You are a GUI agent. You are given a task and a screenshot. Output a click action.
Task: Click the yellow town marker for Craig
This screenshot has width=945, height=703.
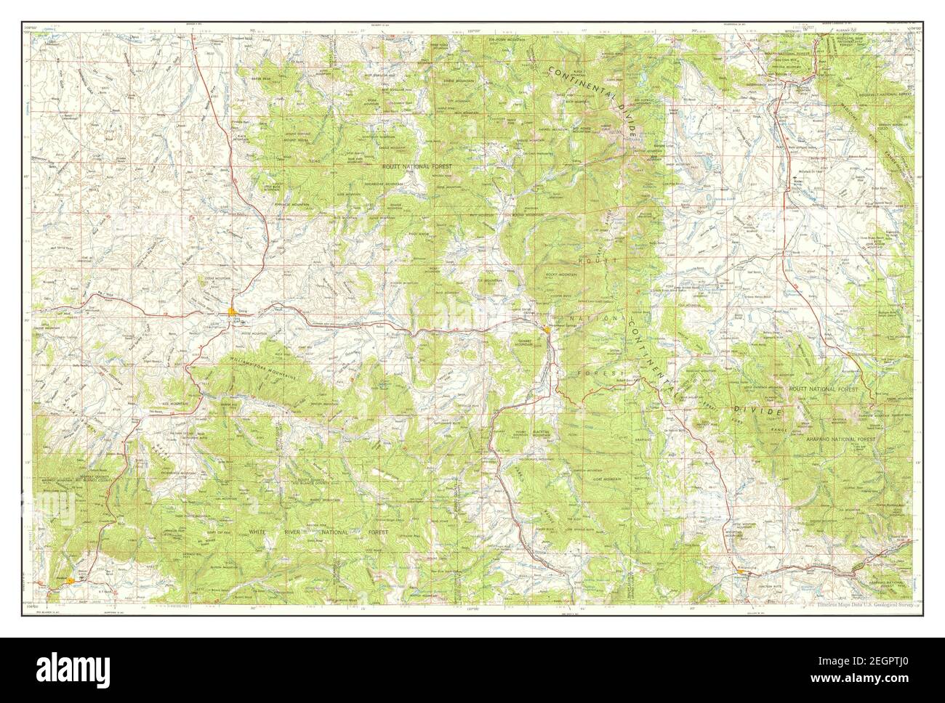233,313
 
